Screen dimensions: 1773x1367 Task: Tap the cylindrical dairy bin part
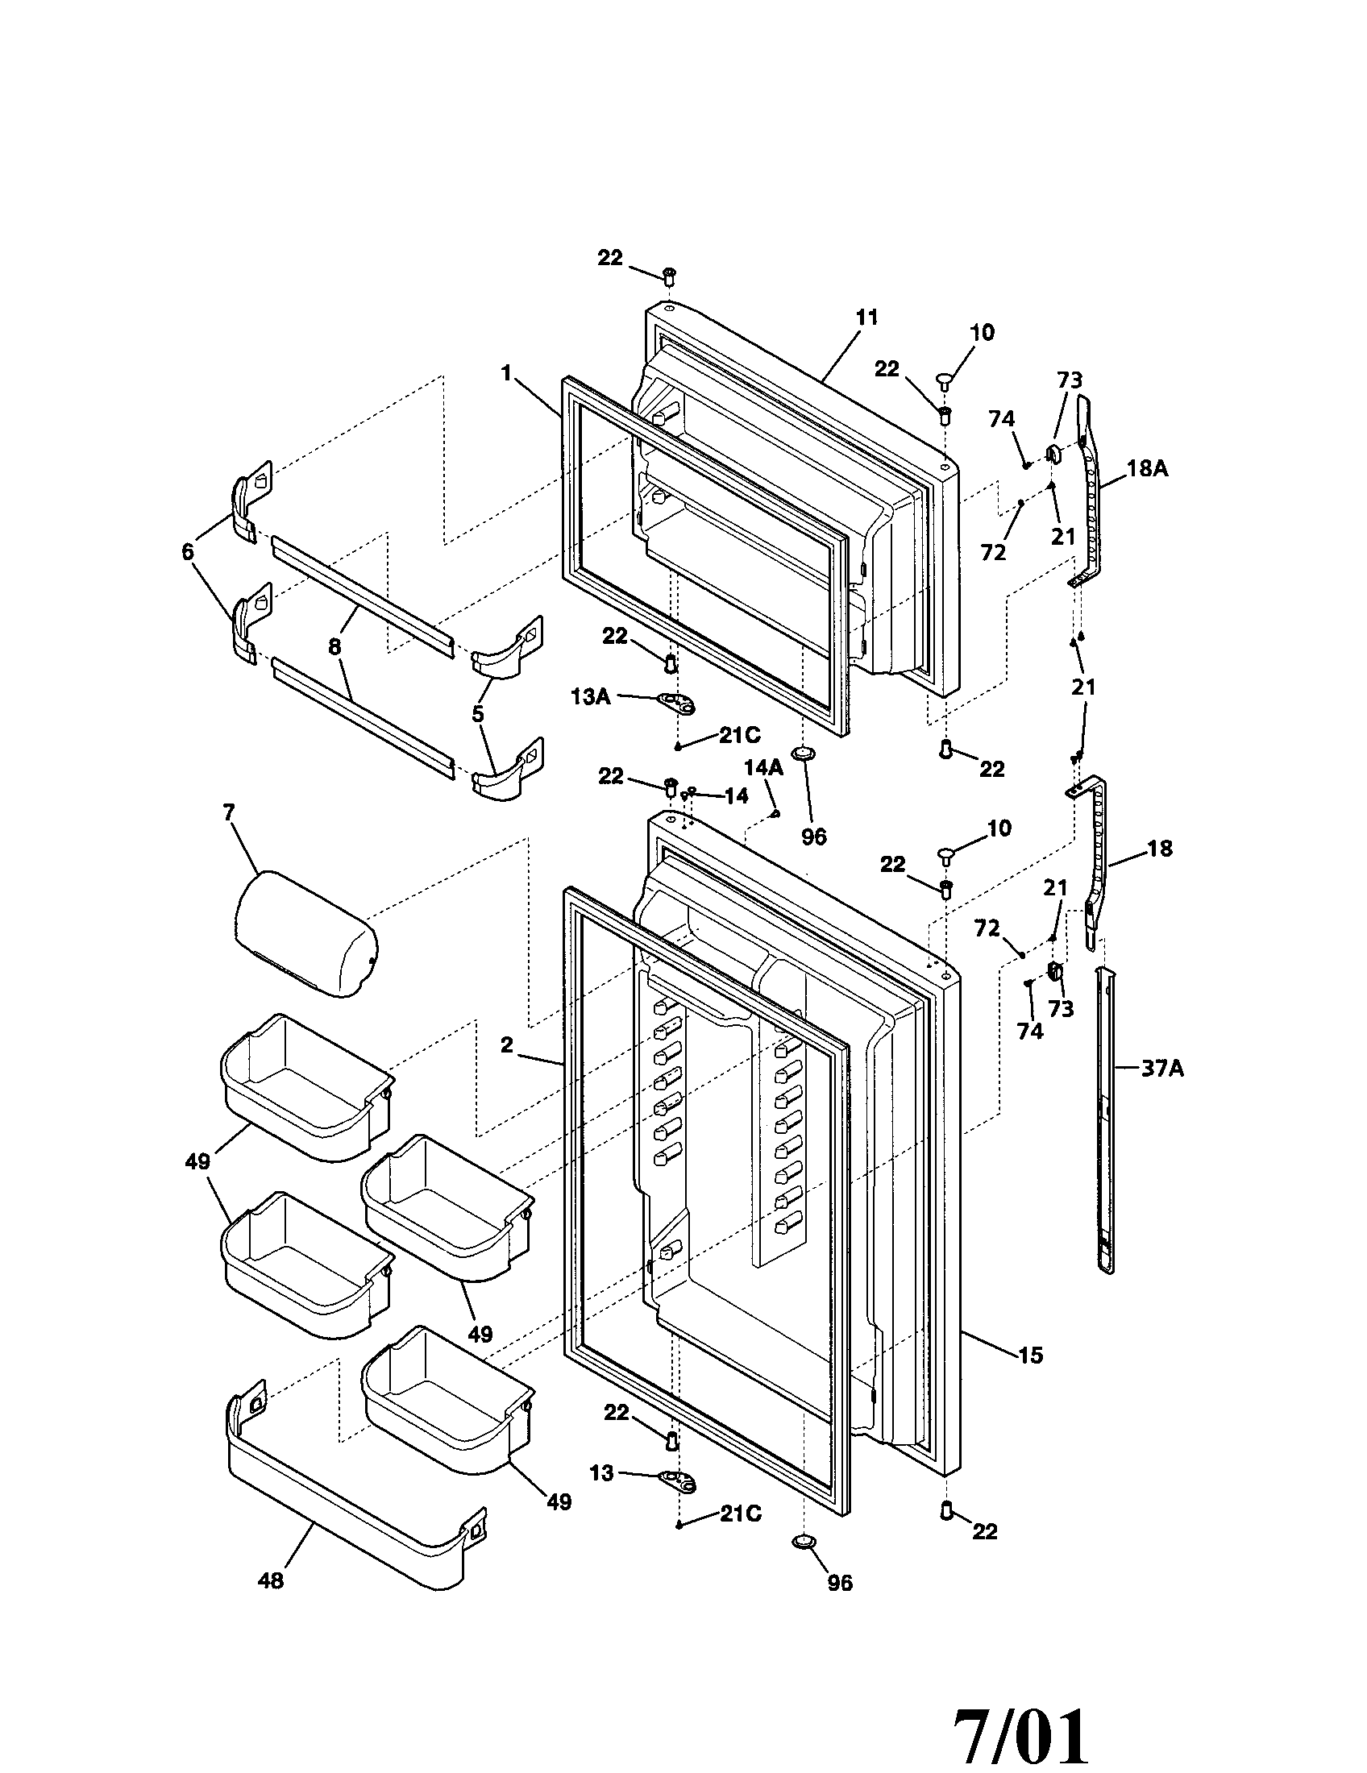pyautogui.click(x=305, y=934)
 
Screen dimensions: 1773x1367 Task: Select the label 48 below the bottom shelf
pyautogui.click(x=270, y=1580)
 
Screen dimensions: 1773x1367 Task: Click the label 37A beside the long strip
pyautogui.click(x=1161, y=1069)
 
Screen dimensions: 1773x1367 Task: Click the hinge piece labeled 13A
pyautogui.click(x=677, y=704)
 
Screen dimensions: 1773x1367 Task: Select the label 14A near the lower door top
pyautogui.click(x=763, y=767)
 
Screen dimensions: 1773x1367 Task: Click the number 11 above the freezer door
pyautogui.click(x=866, y=318)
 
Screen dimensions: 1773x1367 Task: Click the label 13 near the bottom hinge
pyautogui.click(x=601, y=1472)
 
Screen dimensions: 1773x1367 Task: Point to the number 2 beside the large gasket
pyautogui.click(x=506, y=1045)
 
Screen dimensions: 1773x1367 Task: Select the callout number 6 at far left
pyautogui.click(x=188, y=552)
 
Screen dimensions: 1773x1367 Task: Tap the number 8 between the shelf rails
pyautogui.click(x=334, y=646)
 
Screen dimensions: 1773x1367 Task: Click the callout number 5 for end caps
pyautogui.click(x=477, y=713)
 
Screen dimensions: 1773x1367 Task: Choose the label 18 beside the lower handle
pyautogui.click(x=1160, y=849)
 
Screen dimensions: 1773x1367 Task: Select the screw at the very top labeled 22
pyautogui.click(x=670, y=276)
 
